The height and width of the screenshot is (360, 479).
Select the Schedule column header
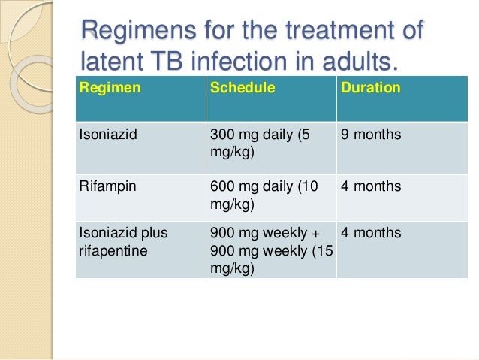pos(243,89)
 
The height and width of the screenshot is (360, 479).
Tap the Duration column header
pos(370,89)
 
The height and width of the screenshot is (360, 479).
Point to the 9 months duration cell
pos(371,136)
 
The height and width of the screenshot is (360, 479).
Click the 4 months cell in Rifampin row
pos(371,186)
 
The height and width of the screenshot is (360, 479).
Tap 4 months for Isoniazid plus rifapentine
pos(371,233)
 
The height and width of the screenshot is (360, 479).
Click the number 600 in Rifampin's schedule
pos(221,186)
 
